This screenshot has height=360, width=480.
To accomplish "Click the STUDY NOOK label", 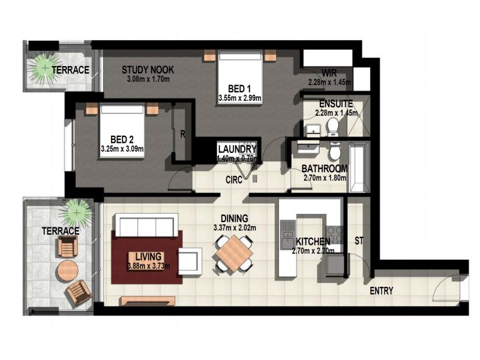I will pos(148,69).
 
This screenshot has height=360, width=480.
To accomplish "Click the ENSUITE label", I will pos(336,103).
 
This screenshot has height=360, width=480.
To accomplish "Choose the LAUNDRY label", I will pos(238,149).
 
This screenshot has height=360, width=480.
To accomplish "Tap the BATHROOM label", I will pos(325,169).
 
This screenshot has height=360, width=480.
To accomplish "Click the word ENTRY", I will pos(382,292).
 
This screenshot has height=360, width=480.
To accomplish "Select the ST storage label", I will pos(359,242).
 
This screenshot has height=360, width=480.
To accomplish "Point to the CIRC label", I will pos(235,178).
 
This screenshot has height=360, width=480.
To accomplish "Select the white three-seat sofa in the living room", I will pos(145,227).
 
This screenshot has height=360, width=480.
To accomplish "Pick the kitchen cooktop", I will pos(334,233).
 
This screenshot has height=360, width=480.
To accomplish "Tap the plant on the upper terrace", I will pos(44,67).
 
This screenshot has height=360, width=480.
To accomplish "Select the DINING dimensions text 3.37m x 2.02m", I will pos(235,228).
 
